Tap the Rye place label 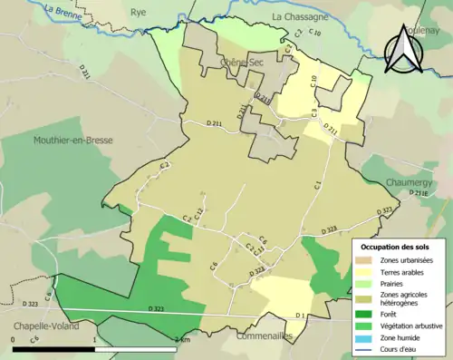click(140, 13)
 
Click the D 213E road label click(418, 193)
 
